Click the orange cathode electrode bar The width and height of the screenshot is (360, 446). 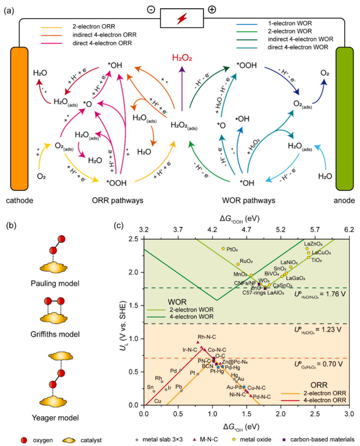[x=19, y=119]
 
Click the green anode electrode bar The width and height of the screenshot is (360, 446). [x=344, y=119]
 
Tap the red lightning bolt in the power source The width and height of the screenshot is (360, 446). [x=182, y=18]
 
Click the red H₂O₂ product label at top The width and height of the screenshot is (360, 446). [x=182, y=58]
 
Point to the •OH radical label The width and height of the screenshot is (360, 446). [x=242, y=119]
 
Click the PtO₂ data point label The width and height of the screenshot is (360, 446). [x=232, y=249]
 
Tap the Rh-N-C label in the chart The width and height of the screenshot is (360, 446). [x=207, y=337]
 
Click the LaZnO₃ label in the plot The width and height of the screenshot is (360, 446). [x=313, y=244]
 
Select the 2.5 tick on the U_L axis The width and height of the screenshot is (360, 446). [x=133, y=239]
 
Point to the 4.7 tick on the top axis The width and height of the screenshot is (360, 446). [x=247, y=230]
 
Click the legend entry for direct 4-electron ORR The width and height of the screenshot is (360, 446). [x=102, y=43]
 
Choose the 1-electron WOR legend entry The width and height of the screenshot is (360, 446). [x=290, y=23]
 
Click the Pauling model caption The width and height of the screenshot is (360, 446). [x=55, y=283]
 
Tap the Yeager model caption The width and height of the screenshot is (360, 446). [x=55, y=418]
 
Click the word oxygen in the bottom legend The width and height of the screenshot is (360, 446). [x=43, y=440]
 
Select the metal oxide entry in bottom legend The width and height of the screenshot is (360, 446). [x=256, y=440]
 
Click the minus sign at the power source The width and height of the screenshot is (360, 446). [x=151, y=10]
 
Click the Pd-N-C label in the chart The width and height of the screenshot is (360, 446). [x=262, y=397]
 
